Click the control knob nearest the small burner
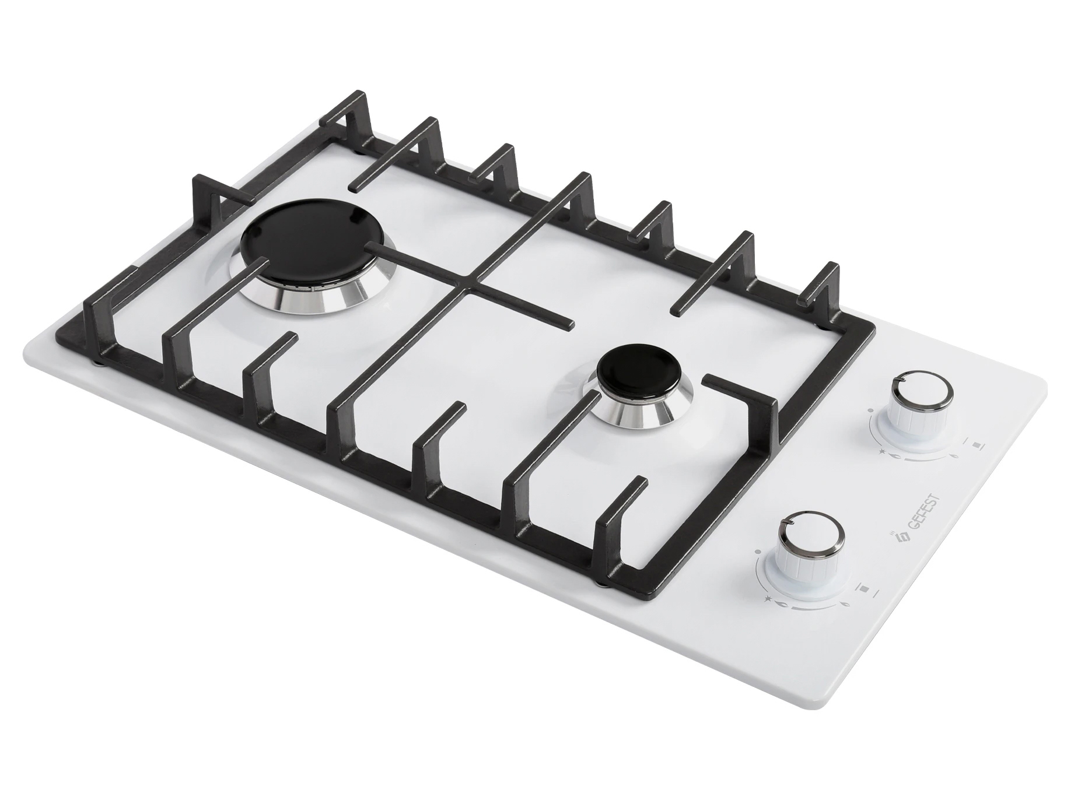point(921,403)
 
